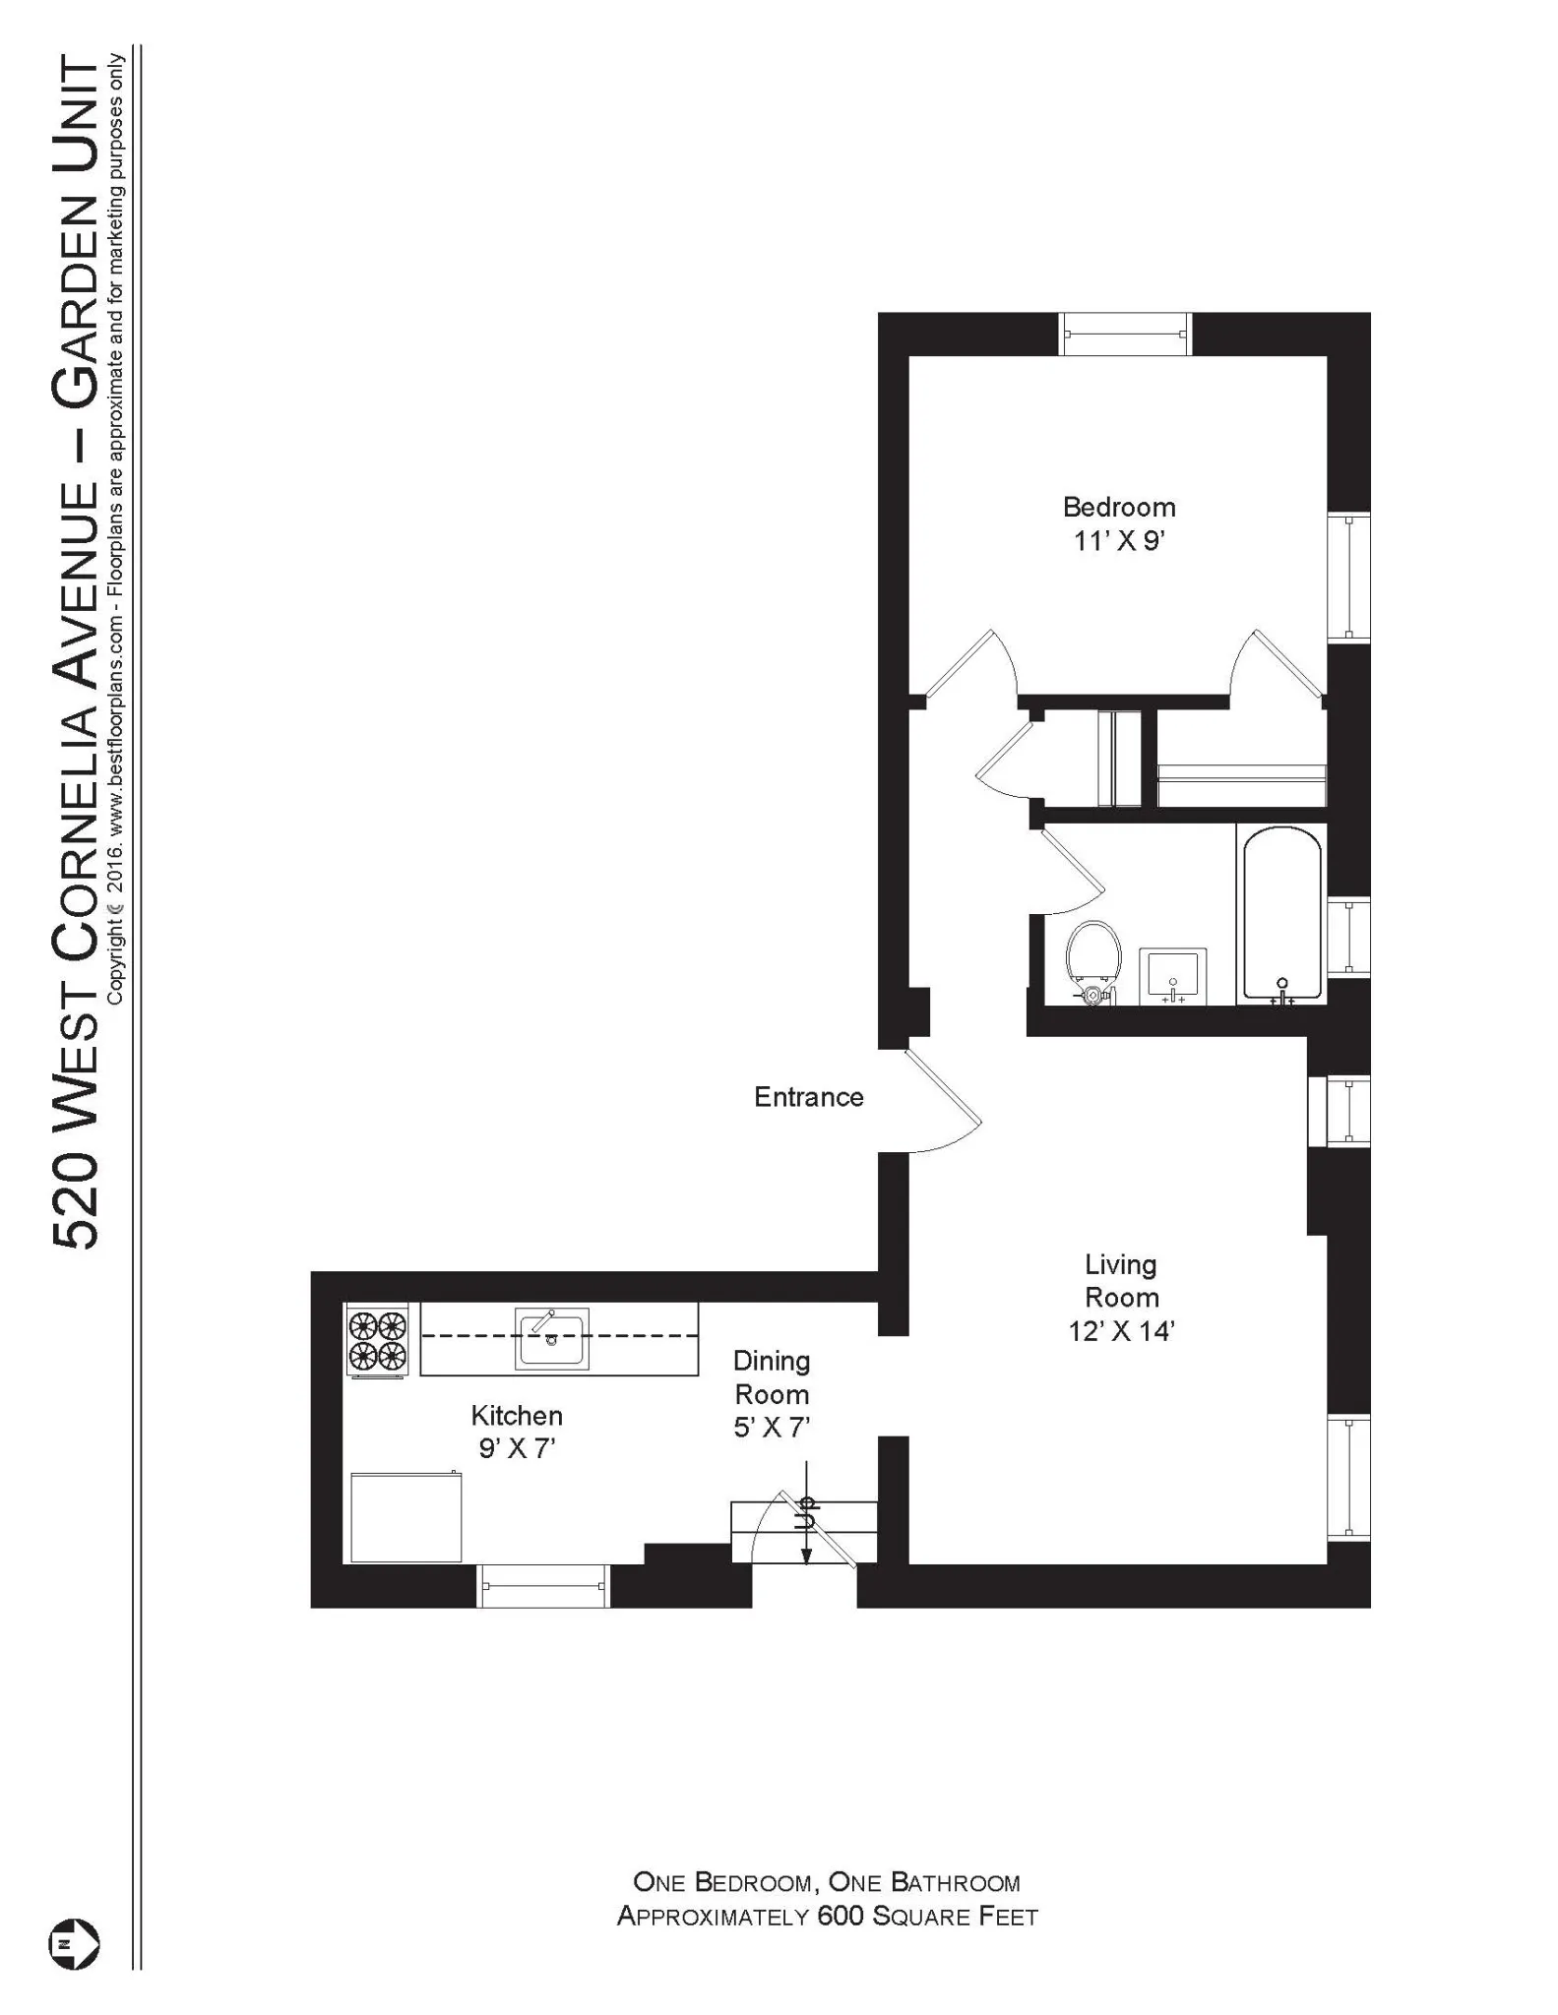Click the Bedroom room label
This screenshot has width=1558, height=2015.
1119,508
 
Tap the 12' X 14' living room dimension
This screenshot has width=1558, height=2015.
1121,1331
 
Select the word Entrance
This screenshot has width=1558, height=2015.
808,1097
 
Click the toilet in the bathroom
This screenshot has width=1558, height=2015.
1092,959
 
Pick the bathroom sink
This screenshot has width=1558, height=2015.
1172,976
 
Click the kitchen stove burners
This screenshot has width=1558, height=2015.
378,1340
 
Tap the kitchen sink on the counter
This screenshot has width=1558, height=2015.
552,1337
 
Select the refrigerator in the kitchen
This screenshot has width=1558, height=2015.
405,1516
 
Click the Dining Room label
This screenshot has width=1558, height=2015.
772,1377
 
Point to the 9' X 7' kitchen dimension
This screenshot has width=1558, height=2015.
518,1448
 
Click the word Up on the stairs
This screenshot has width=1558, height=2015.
807,1512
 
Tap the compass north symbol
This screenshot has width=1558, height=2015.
74,1943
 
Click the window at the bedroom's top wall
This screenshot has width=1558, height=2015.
1124,335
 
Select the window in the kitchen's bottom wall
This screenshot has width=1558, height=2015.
542,1586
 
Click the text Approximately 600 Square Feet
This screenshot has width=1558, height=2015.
827,1917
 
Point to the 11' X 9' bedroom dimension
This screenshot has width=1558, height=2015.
1119,541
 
